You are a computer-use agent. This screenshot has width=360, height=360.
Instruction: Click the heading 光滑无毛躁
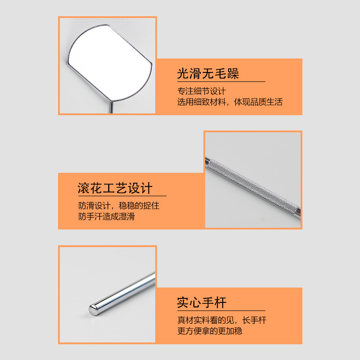pyautogui.click(x=208, y=73)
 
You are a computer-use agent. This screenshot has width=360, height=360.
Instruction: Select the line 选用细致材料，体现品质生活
pyautogui.click(x=229, y=102)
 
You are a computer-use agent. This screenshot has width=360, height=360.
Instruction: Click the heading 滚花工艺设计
pyautogui.click(x=115, y=188)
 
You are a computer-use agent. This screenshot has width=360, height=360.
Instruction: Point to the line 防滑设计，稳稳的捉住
pyautogui.click(x=118, y=206)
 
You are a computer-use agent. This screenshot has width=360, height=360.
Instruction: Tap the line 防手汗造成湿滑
pyautogui.click(x=106, y=216)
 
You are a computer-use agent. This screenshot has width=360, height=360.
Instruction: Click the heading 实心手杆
pyautogui.click(x=202, y=302)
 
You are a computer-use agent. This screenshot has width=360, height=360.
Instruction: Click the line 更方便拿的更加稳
pyautogui.click(x=210, y=331)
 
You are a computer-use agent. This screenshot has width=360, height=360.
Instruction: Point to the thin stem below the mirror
pyautogui.click(x=111, y=108)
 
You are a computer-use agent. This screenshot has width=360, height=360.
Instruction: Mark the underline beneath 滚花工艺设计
pyautogui.click(x=121, y=196)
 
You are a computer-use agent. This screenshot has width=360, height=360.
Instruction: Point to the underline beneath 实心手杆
pyautogui.click(x=220, y=310)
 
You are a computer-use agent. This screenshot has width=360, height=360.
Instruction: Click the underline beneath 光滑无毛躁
pyautogui.click(x=220, y=81)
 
